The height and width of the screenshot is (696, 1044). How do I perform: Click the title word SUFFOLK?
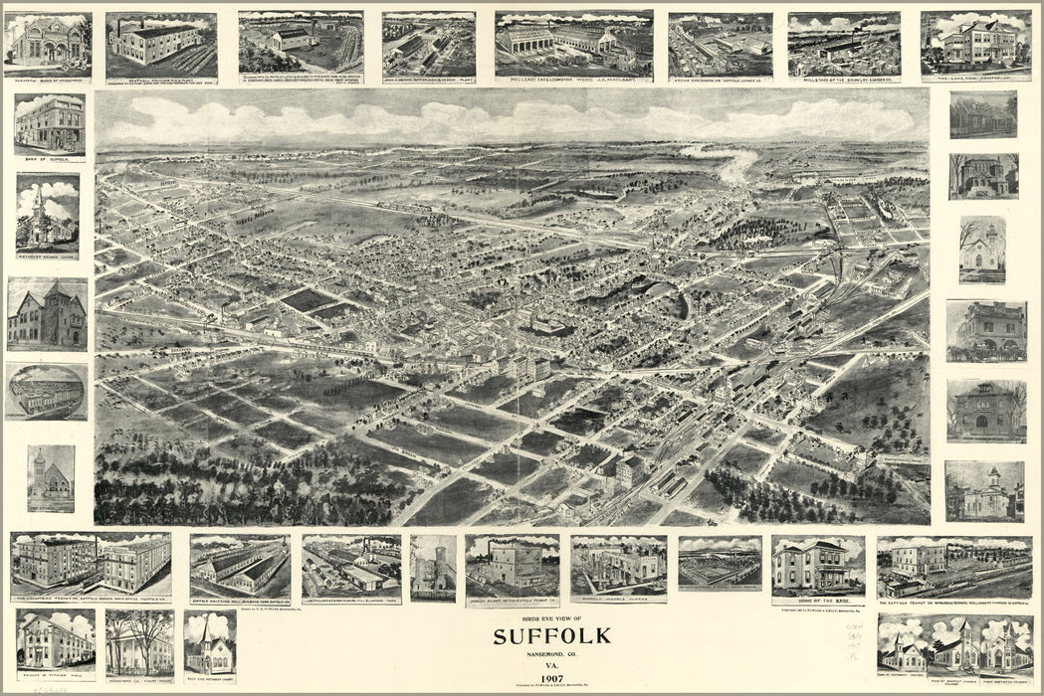552,636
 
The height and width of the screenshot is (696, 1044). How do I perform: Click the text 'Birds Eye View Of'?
552,618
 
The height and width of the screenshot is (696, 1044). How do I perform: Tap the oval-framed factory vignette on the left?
46,391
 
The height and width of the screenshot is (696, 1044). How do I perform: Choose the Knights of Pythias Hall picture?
55,639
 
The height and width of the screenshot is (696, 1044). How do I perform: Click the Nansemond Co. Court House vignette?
139,639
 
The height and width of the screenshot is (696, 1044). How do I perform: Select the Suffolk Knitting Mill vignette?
240,566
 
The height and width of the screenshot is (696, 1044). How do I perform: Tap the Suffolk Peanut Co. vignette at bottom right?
953,568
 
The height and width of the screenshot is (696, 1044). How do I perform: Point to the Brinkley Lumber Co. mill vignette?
844,45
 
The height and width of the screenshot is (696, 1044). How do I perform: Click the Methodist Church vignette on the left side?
47,214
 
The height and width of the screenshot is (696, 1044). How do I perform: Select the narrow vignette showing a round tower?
433,567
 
